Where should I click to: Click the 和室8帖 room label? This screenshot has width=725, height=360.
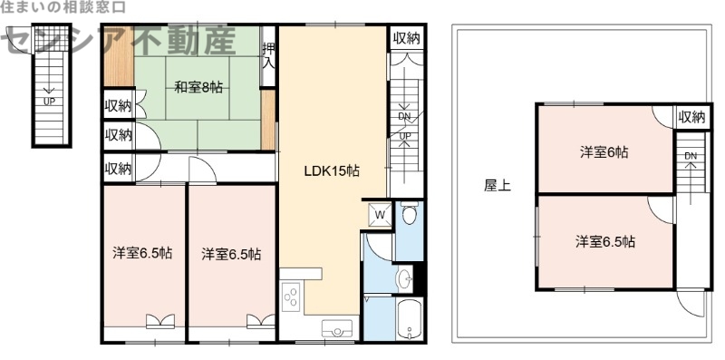click(x=198, y=88)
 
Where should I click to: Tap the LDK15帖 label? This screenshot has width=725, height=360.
click(x=333, y=170)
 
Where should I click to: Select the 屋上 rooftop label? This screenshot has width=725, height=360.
click(x=497, y=186)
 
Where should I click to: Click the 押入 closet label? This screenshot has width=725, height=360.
click(x=268, y=55)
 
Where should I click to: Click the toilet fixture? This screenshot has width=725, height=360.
click(x=409, y=215)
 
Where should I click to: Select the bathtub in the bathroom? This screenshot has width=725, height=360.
click(x=410, y=318)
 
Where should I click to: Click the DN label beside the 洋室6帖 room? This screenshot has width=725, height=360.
click(x=691, y=156)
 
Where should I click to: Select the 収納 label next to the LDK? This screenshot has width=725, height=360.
click(x=407, y=38)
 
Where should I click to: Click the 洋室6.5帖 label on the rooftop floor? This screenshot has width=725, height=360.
click(x=604, y=242)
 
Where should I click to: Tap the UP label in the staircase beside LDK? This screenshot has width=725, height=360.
click(x=405, y=136)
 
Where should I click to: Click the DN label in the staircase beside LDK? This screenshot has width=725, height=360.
click(x=405, y=116)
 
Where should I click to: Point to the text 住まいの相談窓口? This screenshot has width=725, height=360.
click(x=63, y=7)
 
